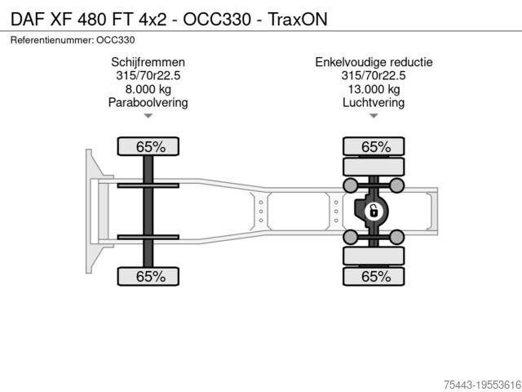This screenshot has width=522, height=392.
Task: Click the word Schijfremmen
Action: (x=148, y=62)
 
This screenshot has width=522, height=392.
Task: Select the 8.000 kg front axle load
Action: (x=148, y=89)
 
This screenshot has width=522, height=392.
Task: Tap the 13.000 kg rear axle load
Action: (x=374, y=89)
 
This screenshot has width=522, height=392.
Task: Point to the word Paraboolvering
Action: (x=148, y=103)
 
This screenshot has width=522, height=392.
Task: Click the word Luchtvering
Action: (x=374, y=103)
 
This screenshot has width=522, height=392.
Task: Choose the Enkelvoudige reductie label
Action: (x=374, y=62)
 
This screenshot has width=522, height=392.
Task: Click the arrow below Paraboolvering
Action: (x=148, y=117)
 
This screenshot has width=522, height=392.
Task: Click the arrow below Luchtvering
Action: (x=374, y=117)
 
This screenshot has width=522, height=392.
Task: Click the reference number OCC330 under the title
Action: (x=116, y=39)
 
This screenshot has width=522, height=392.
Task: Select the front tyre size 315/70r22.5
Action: (x=148, y=76)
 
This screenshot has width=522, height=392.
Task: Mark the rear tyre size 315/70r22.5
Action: (x=374, y=76)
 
